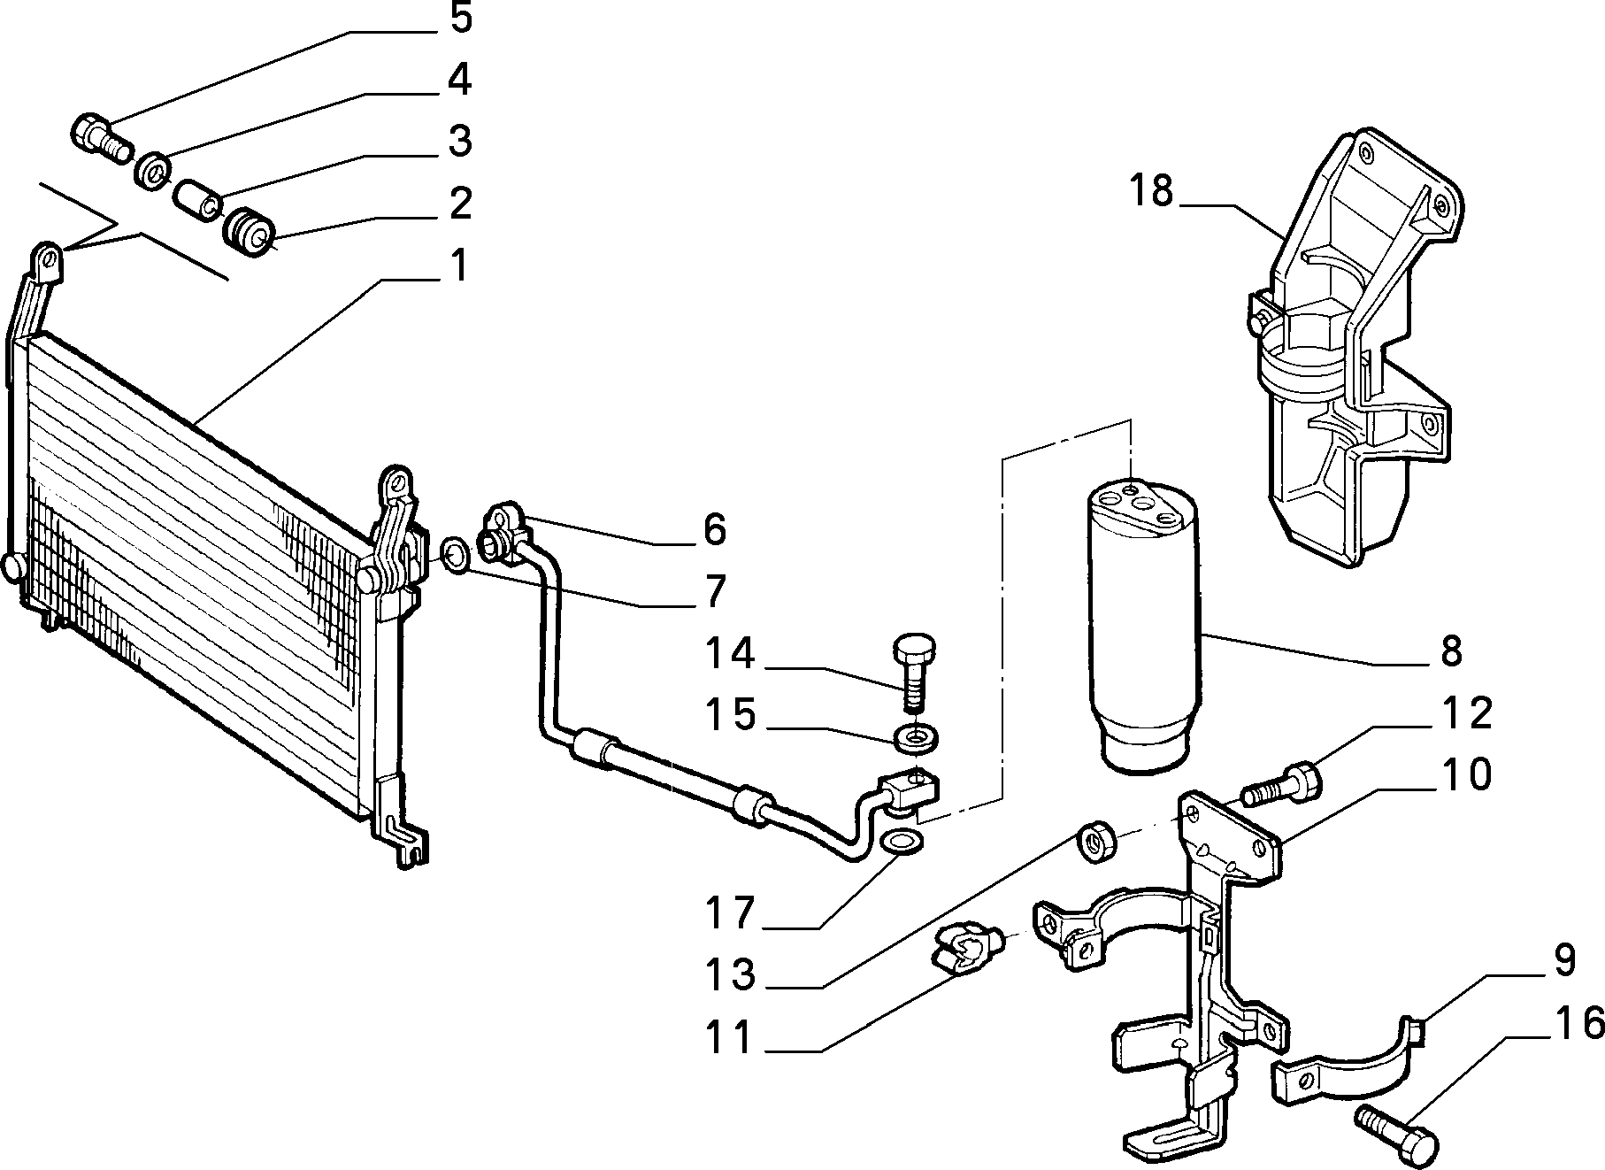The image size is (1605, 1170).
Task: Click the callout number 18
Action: (1150, 191)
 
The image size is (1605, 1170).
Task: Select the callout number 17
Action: (729, 912)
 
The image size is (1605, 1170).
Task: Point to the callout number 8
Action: (1451, 652)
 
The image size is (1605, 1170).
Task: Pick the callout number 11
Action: (729, 1037)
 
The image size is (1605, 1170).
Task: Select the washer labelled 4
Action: (154, 169)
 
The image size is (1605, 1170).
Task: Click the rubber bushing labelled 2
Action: (250, 230)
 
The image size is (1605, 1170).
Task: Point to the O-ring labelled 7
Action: (453, 555)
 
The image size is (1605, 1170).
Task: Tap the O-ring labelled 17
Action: (902, 843)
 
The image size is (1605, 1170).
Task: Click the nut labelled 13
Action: (1096, 842)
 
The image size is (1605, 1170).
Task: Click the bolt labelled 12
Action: (1281, 784)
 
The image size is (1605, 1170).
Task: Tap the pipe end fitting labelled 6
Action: (505, 531)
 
